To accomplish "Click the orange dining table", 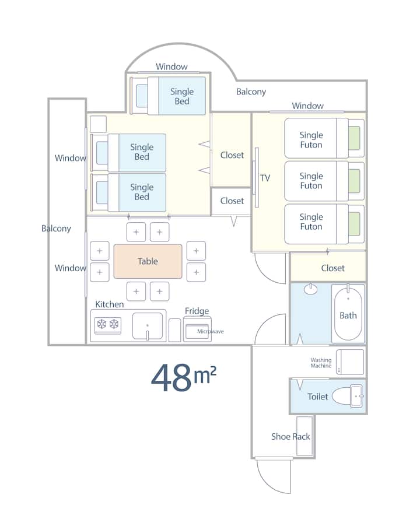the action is (x=148, y=261).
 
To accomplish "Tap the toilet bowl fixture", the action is (x=347, y=396).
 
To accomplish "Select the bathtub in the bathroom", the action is (x=348, y=313).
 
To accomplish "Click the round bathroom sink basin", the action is (x=311, y=289).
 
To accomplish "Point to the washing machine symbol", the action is (x=350, y=362).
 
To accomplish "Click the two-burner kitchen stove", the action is (x=108, y=325).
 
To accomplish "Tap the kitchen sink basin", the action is (x=148, y=326).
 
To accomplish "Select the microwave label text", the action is (x=211, y=331).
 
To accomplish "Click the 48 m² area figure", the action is (x=184, y=377).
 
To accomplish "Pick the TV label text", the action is (x=265, y=178).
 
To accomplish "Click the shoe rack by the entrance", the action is (x=304, y=436).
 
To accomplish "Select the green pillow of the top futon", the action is (x=354, y=138).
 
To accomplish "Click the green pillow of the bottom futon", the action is (x=354, y=224).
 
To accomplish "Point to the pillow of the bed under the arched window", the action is (x=142, y=96).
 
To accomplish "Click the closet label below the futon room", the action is (x=332, y=268).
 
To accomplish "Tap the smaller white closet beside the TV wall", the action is (x=231, y=201).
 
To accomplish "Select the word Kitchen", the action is (x=110, y=304).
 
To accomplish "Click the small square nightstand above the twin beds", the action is (x=98, y=124).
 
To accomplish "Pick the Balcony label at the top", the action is (x=251, y=92).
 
